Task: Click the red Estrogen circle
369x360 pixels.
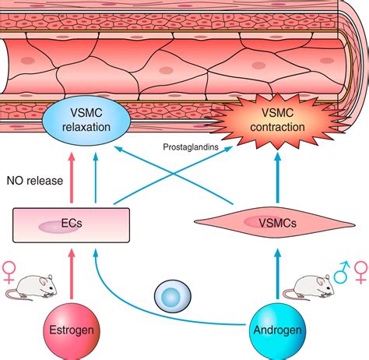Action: (72, 330)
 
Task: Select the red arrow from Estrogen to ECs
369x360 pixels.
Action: (72, 277)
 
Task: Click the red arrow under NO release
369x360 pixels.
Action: (72, 175)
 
